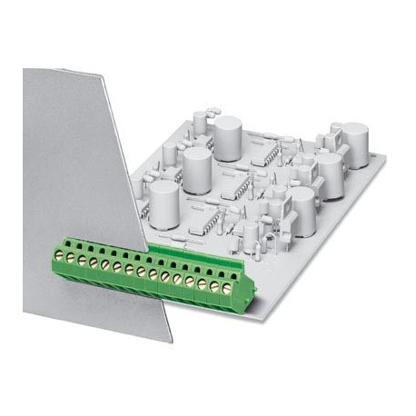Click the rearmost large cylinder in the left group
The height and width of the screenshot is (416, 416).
click(227, 138)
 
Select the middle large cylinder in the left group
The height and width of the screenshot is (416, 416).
click(197, 166)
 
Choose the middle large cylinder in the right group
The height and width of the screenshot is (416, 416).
click(328, 169)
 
